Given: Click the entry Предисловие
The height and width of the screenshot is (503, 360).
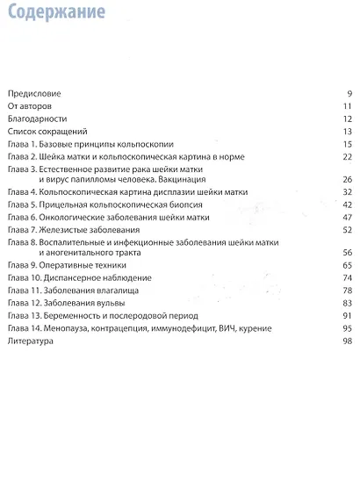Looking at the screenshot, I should pyautogui.click(x=33, y=93).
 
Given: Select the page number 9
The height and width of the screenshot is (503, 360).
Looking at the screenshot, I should pyautogui.click(x=349, y=93).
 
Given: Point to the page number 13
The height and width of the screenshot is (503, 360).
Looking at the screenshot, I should pyautogui.click(x=348, y=131).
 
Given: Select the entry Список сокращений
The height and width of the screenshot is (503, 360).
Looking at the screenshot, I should pyautogui.click(x=43, y=131).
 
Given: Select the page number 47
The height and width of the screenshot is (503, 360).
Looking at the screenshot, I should pyautogui.click(x=348, y=216).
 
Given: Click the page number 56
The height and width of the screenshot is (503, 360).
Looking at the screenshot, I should pyautogui.click(x=348, y=251).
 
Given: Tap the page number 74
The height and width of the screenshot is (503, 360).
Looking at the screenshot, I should pyautogui.click(x=348, y=277).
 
